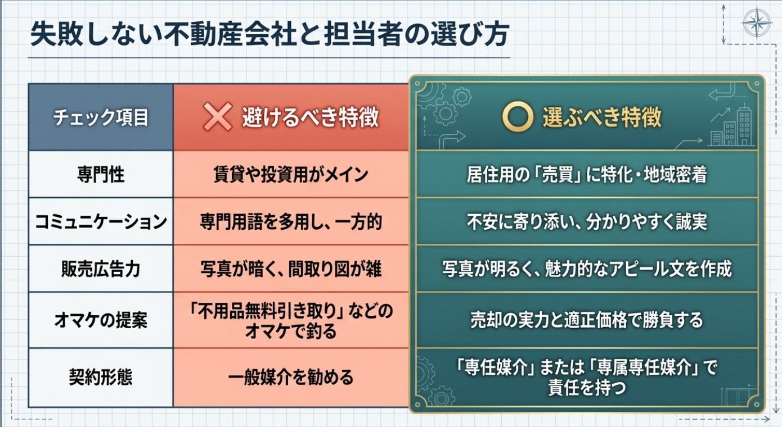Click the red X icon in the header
coord(218,117)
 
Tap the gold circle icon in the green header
coord(518,117)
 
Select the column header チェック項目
coord(101,117)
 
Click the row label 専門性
coord(101,174)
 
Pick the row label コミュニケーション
coord(101,222)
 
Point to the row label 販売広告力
coord(101,269)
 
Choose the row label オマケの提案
coord(101,320)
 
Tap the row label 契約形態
coord(101,377)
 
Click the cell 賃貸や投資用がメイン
coord(291,174)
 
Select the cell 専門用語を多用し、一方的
coord(291,222)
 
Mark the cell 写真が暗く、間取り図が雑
coord(291,269)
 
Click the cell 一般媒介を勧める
coord(291,377)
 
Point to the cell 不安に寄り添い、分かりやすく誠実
coord(587,222)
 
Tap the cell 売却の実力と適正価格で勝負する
coord(587,320)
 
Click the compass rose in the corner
coord(757,23)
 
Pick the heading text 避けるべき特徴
coord(311,117)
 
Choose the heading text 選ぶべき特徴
coord(602,117)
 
